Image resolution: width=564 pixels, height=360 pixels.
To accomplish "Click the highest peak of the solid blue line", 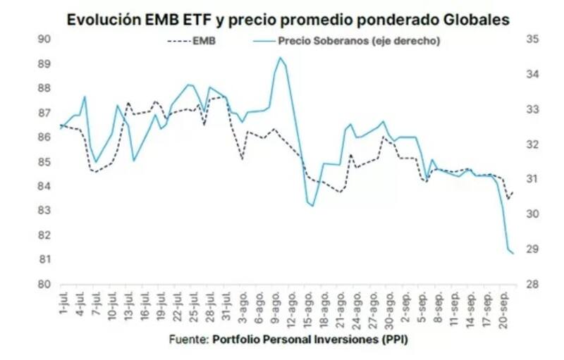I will [x=280, y=58].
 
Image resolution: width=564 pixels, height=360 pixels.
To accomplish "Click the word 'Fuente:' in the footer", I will [x=188, y=340].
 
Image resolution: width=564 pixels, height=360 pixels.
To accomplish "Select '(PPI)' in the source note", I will [x=391, y=340].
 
